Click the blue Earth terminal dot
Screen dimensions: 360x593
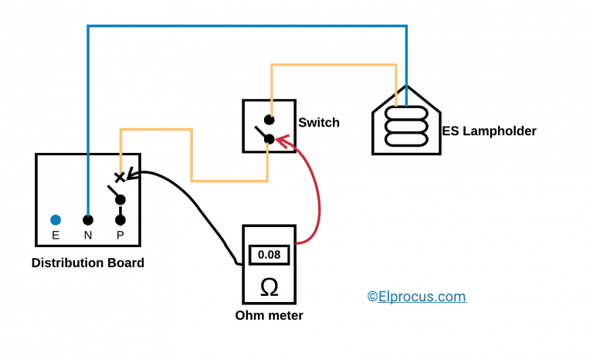[56, 220]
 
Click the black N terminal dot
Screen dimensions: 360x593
[88, 220]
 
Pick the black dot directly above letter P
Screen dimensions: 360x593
[120, 220]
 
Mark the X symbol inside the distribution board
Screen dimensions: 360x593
[120, 177]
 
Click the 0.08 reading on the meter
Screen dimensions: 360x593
[269, 253]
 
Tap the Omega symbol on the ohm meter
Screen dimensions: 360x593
[269, 287]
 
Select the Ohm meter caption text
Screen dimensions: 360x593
[269, 315]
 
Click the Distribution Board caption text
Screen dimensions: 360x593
[87, 263]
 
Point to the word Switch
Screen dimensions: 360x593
[319, 123]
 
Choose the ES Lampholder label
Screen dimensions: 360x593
[489, 131]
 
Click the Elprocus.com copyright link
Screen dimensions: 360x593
[416, 297]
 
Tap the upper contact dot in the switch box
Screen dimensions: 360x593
[269, 120]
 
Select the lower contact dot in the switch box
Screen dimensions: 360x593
[269, 139]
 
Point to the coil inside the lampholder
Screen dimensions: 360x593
[406, 127]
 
